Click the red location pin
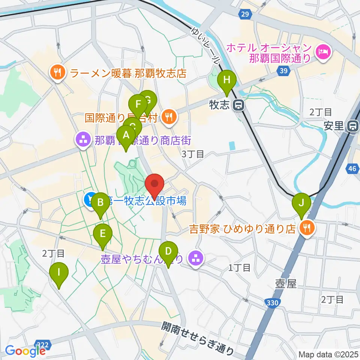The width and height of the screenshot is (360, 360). (155, 184)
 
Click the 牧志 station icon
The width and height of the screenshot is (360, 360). (238, 106)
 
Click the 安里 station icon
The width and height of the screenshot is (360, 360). (352, 126)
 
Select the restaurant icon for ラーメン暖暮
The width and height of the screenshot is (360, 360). (57, 72)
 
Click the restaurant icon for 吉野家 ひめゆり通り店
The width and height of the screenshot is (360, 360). (307, 228)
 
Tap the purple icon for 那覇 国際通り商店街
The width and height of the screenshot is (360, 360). (82, 141)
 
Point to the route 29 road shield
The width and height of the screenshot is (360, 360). (245, 14)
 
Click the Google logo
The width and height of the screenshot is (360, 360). (25, 351)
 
